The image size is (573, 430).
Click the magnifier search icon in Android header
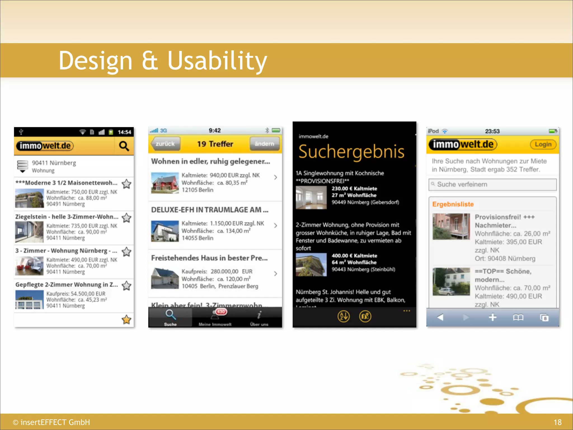(124, 146)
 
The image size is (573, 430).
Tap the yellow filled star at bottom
(126, 319)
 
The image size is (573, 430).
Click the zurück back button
(165, 144)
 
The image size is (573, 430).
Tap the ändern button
(264, 144)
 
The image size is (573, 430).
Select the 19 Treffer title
(215, 144)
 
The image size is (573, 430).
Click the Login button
(543, 144)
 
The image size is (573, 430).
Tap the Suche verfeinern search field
(492, 184)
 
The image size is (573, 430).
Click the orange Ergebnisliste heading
(453, 204)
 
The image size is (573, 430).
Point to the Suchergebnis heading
(351, 152)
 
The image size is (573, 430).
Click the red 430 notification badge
(221, 312)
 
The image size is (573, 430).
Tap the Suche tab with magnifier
(170, 318)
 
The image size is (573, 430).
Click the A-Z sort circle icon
(344, 316)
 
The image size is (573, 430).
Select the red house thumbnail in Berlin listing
(165, 183)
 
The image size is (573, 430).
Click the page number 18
(557, 422)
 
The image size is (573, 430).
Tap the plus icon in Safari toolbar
(492, 317)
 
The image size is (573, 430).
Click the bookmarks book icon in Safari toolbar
(518, 317)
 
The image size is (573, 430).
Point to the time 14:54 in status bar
(124, 132)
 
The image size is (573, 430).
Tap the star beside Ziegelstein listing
(126, 218)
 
